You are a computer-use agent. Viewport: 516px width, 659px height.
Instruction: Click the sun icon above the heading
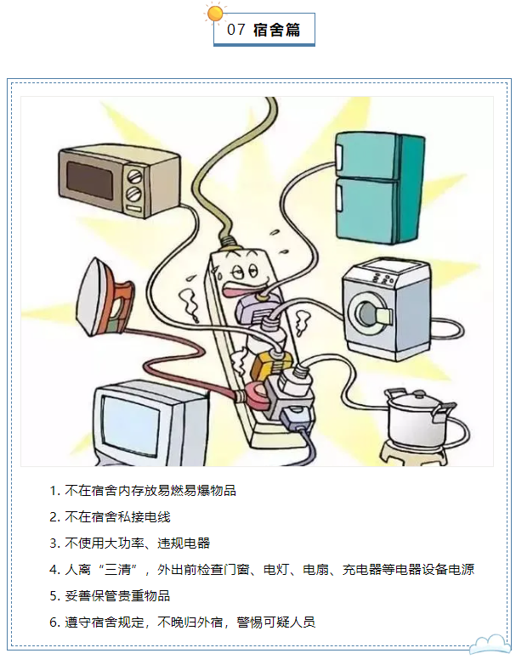point(215,13)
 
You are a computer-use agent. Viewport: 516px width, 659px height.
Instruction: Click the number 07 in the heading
point(236,30)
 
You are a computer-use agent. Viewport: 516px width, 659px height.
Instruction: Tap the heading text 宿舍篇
point(277,30)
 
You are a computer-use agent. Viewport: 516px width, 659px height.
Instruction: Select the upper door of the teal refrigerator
point(366,156)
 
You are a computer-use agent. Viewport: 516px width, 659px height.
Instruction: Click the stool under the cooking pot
point(413,453)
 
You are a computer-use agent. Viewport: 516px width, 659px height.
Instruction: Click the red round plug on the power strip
point(256,393)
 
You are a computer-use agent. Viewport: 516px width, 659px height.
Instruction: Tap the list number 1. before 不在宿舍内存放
point(54,491)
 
